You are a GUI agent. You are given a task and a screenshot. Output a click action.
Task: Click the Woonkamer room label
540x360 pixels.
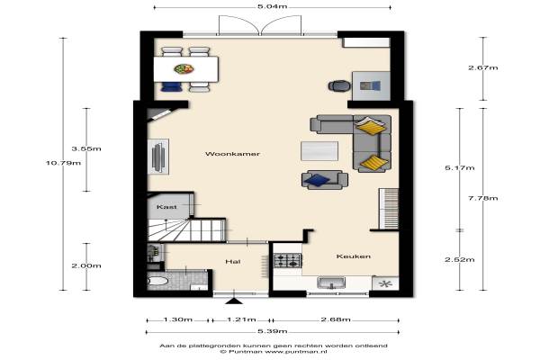[x=232, y=154]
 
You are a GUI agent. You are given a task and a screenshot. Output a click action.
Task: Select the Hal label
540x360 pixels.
[x=233, y=262]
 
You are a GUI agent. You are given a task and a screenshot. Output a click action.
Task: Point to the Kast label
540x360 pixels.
[x=166, y=207]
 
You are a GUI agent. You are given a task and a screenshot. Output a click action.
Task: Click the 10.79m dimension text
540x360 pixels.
[x=63, y=163]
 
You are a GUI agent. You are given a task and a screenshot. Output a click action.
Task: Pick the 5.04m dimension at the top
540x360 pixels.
[x=273, y=6]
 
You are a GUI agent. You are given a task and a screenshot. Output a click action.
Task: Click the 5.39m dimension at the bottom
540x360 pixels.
[x=273, y=331]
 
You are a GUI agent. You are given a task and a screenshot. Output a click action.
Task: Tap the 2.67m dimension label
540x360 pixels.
[x=482, y=67]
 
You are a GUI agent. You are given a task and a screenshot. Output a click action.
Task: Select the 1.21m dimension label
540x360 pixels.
[x=241, y=319]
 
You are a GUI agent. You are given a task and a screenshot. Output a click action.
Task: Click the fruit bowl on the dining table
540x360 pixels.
[x=184, y=68]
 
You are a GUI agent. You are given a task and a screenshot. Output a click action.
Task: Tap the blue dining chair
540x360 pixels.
[x=171, y=86]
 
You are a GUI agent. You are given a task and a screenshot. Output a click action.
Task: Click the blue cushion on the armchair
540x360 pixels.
[x=317, y=180]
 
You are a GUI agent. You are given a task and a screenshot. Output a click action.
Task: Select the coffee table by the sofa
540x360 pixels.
[x=319, y=151]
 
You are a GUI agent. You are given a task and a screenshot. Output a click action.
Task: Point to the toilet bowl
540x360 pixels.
[x=158, y=281]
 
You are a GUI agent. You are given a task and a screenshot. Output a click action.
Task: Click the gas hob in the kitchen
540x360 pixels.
[x=288, y=261]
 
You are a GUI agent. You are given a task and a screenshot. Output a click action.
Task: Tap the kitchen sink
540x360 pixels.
[x=331, y=283]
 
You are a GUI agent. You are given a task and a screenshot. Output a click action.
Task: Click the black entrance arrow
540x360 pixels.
[x=234, y=301]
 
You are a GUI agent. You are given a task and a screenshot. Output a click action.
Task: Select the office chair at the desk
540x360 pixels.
[x=339, y=85]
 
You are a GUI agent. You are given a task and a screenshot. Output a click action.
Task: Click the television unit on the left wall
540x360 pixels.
[x=158, y=157]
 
